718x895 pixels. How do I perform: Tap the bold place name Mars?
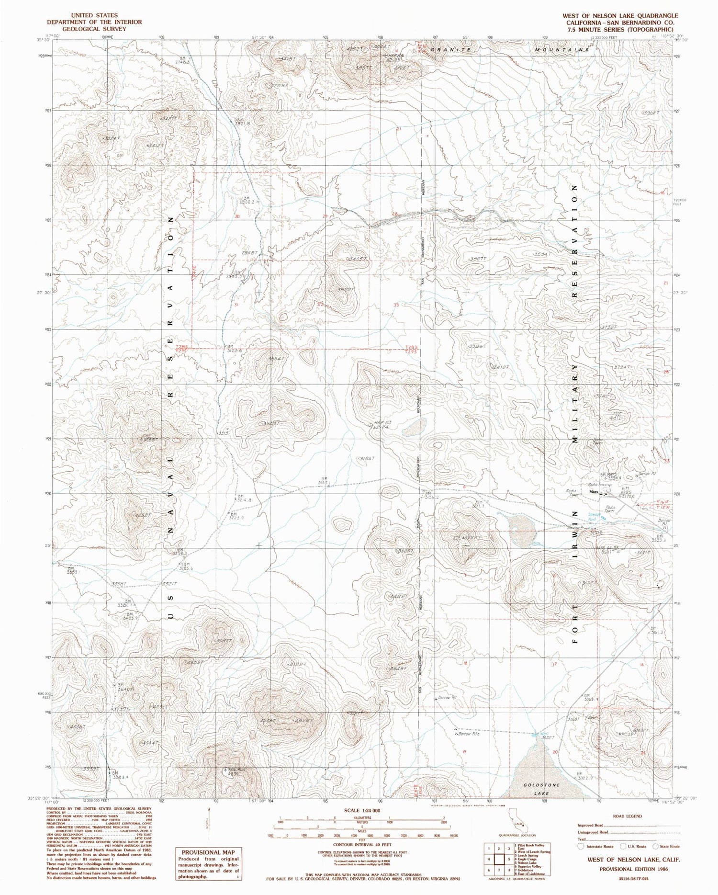[x=594, y=492]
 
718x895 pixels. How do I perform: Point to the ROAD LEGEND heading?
[x=628, y=816]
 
